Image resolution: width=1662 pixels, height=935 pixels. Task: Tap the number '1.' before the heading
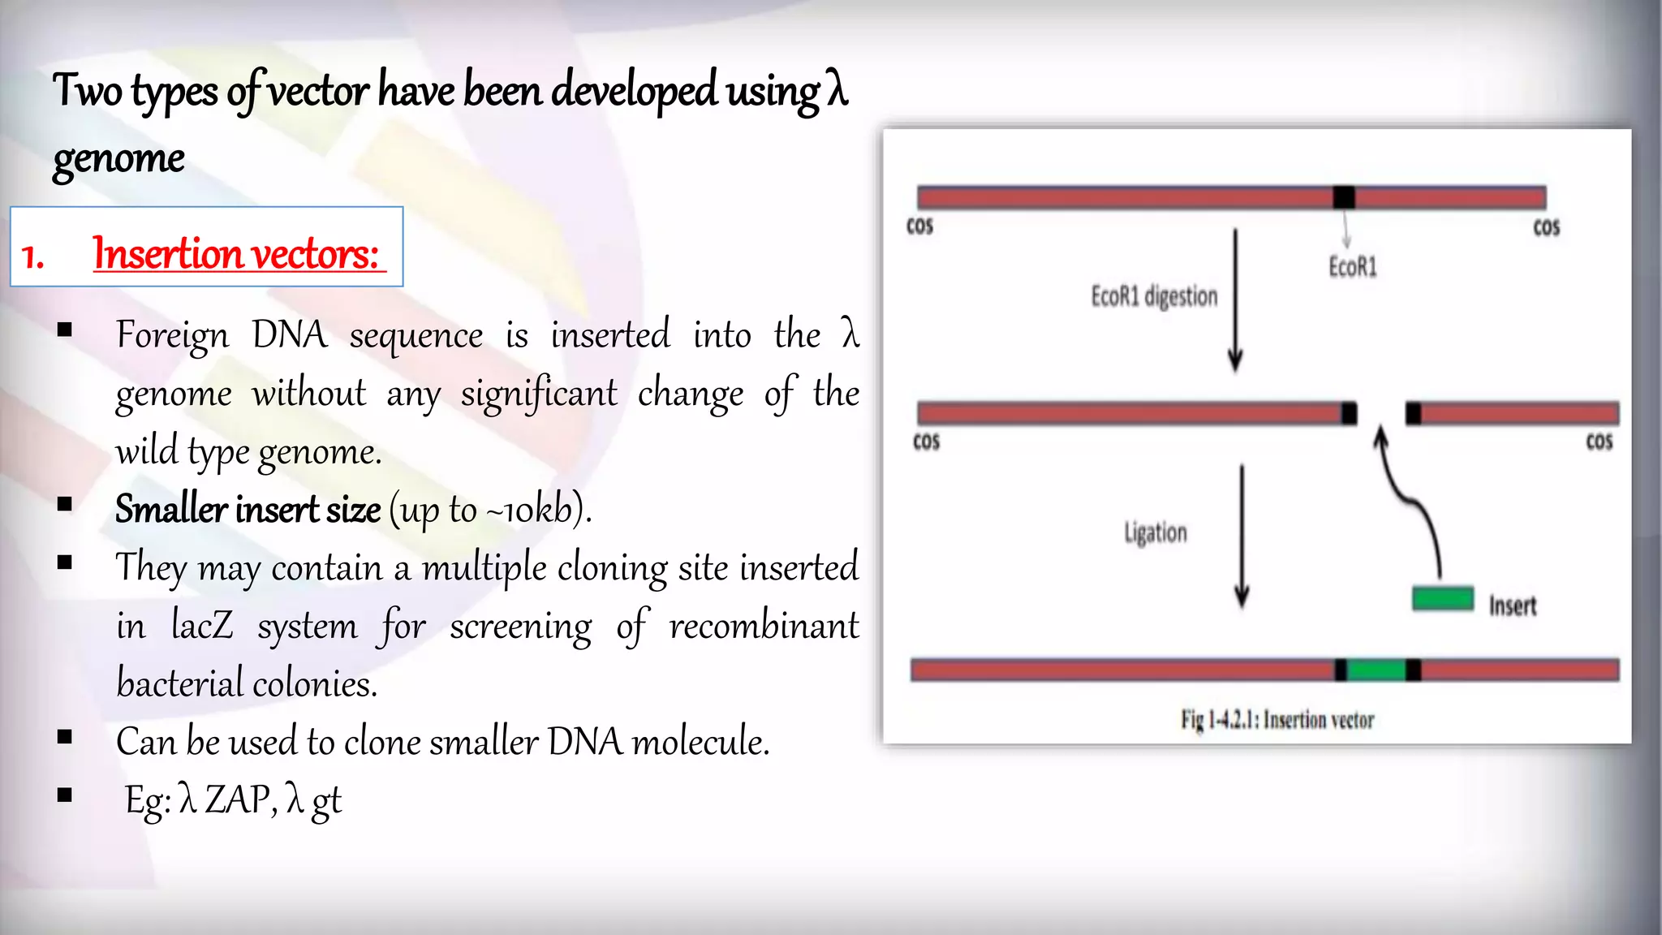click(x=32, y=256)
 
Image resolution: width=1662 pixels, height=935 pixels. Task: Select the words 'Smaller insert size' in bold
click(x=248, y=510)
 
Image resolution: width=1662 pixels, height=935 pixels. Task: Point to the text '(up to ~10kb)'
click(x=490, y=510)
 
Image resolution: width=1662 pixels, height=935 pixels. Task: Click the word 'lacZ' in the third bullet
click(x=202, y=626)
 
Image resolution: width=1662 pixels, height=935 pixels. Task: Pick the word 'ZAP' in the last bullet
click(x=237, y=799)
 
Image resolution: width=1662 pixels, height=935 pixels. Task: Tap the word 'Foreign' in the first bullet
click(x=172, y=335)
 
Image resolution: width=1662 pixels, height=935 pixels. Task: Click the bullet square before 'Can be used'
click(x=65, y=736)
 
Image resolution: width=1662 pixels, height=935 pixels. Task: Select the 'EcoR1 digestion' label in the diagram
click(x=1154, y=296)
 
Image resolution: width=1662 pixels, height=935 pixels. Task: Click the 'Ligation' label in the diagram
click(x=1156, y=532)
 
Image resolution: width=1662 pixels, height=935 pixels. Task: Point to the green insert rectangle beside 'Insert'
click(x=1442, y=598)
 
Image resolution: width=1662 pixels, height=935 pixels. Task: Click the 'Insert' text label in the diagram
click(x=1513, y=605)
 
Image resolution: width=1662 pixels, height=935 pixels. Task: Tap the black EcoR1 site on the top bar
click(x=1344, y=197)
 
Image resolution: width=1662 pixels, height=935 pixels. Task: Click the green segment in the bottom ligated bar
click(x=1376, y=670)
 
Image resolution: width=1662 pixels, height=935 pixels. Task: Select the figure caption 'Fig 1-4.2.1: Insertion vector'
click(x=1277, y=719)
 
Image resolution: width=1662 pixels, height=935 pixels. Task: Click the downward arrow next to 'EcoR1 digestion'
click(x=1235, y=300)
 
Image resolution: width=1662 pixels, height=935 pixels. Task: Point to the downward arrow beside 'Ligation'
click(x=1242, y=536)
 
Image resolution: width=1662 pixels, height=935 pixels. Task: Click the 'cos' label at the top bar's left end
click(x=919, y=226)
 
